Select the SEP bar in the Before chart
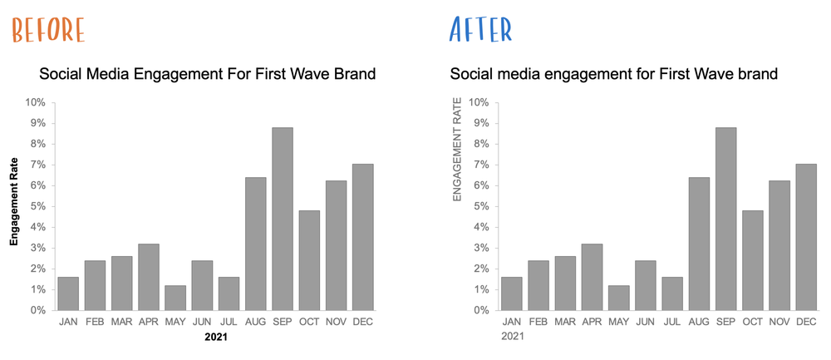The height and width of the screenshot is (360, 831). tap(283, 219)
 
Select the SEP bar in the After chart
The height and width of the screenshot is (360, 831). tap(725, 219)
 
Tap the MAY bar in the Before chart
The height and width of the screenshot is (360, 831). tap(175, 298)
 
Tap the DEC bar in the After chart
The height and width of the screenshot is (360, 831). tap(806, 237)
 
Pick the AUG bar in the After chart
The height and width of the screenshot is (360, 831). tap(699, 244)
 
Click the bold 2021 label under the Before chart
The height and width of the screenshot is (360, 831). tap(216, 338)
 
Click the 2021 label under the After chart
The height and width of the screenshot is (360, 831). tap(512, 337)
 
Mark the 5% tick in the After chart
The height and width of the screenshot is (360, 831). tap(481, 206)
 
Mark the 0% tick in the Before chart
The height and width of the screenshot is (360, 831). tap(37, 310)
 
